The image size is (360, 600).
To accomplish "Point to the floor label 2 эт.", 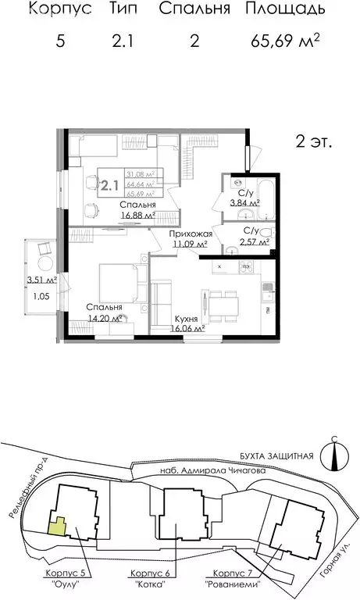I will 314,142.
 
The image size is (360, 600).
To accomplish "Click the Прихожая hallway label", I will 189,234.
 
